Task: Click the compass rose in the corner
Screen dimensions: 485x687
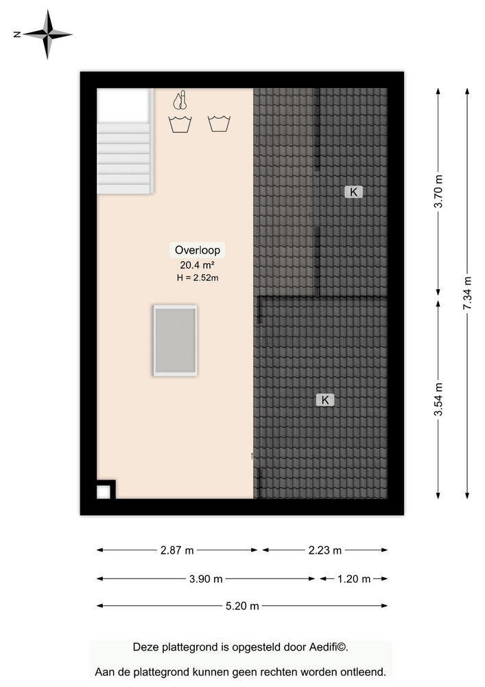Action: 47,34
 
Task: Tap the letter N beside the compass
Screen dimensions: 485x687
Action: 17,34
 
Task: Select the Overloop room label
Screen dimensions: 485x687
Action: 198,250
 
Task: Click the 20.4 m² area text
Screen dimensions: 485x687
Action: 197,264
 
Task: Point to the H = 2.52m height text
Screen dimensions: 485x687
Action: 198,278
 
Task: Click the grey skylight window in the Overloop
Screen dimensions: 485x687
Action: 175,341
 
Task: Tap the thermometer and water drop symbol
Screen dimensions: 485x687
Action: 180,100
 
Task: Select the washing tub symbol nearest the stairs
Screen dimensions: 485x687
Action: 180,124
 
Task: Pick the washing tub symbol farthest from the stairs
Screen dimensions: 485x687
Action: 219,124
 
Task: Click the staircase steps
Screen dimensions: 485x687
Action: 125,158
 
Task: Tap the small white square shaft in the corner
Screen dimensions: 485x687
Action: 103,492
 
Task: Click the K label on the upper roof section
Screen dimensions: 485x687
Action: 353,192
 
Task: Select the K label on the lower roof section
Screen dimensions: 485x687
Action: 325,400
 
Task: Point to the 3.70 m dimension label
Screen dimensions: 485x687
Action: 438,192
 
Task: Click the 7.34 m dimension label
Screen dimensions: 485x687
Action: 467,293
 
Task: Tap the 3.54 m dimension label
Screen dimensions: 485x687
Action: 438,399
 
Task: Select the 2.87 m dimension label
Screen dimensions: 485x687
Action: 177,550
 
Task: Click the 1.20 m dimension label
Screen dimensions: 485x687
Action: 354,579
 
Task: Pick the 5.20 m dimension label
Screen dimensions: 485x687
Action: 242,606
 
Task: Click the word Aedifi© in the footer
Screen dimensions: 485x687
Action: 329,647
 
